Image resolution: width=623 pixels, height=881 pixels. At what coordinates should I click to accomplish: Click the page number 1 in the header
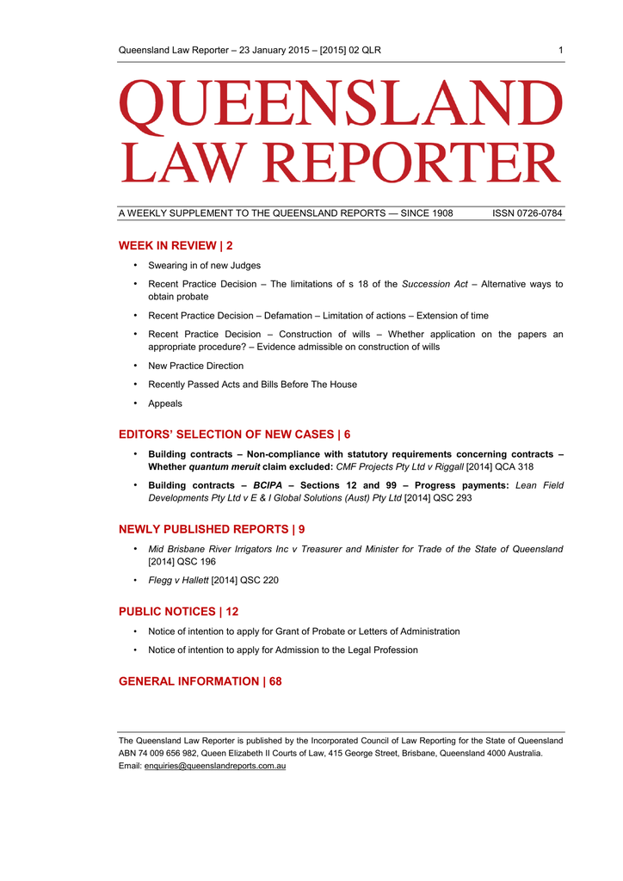coord(560,51)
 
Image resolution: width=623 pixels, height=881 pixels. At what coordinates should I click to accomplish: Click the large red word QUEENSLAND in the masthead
coord(341,105)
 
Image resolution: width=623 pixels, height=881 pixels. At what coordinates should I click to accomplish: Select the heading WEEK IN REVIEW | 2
coord(176,246)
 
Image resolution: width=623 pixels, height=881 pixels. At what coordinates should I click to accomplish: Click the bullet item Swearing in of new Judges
coord(204,266)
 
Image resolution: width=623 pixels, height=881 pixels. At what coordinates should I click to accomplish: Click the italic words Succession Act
coord(435,284)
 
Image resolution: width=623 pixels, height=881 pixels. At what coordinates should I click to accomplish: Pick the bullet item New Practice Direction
coord(195,366)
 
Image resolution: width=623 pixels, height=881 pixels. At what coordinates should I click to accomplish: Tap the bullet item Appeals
coord(165,404)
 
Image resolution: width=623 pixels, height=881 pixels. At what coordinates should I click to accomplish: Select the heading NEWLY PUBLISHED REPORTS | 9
coord(211,529)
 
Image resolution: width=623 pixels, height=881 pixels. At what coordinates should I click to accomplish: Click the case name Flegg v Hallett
coord(178,581)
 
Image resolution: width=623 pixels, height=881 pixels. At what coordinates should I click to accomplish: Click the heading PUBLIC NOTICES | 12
coord(178,612)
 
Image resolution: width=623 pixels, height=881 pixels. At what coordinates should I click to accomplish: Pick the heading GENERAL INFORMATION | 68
coord(200,681)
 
